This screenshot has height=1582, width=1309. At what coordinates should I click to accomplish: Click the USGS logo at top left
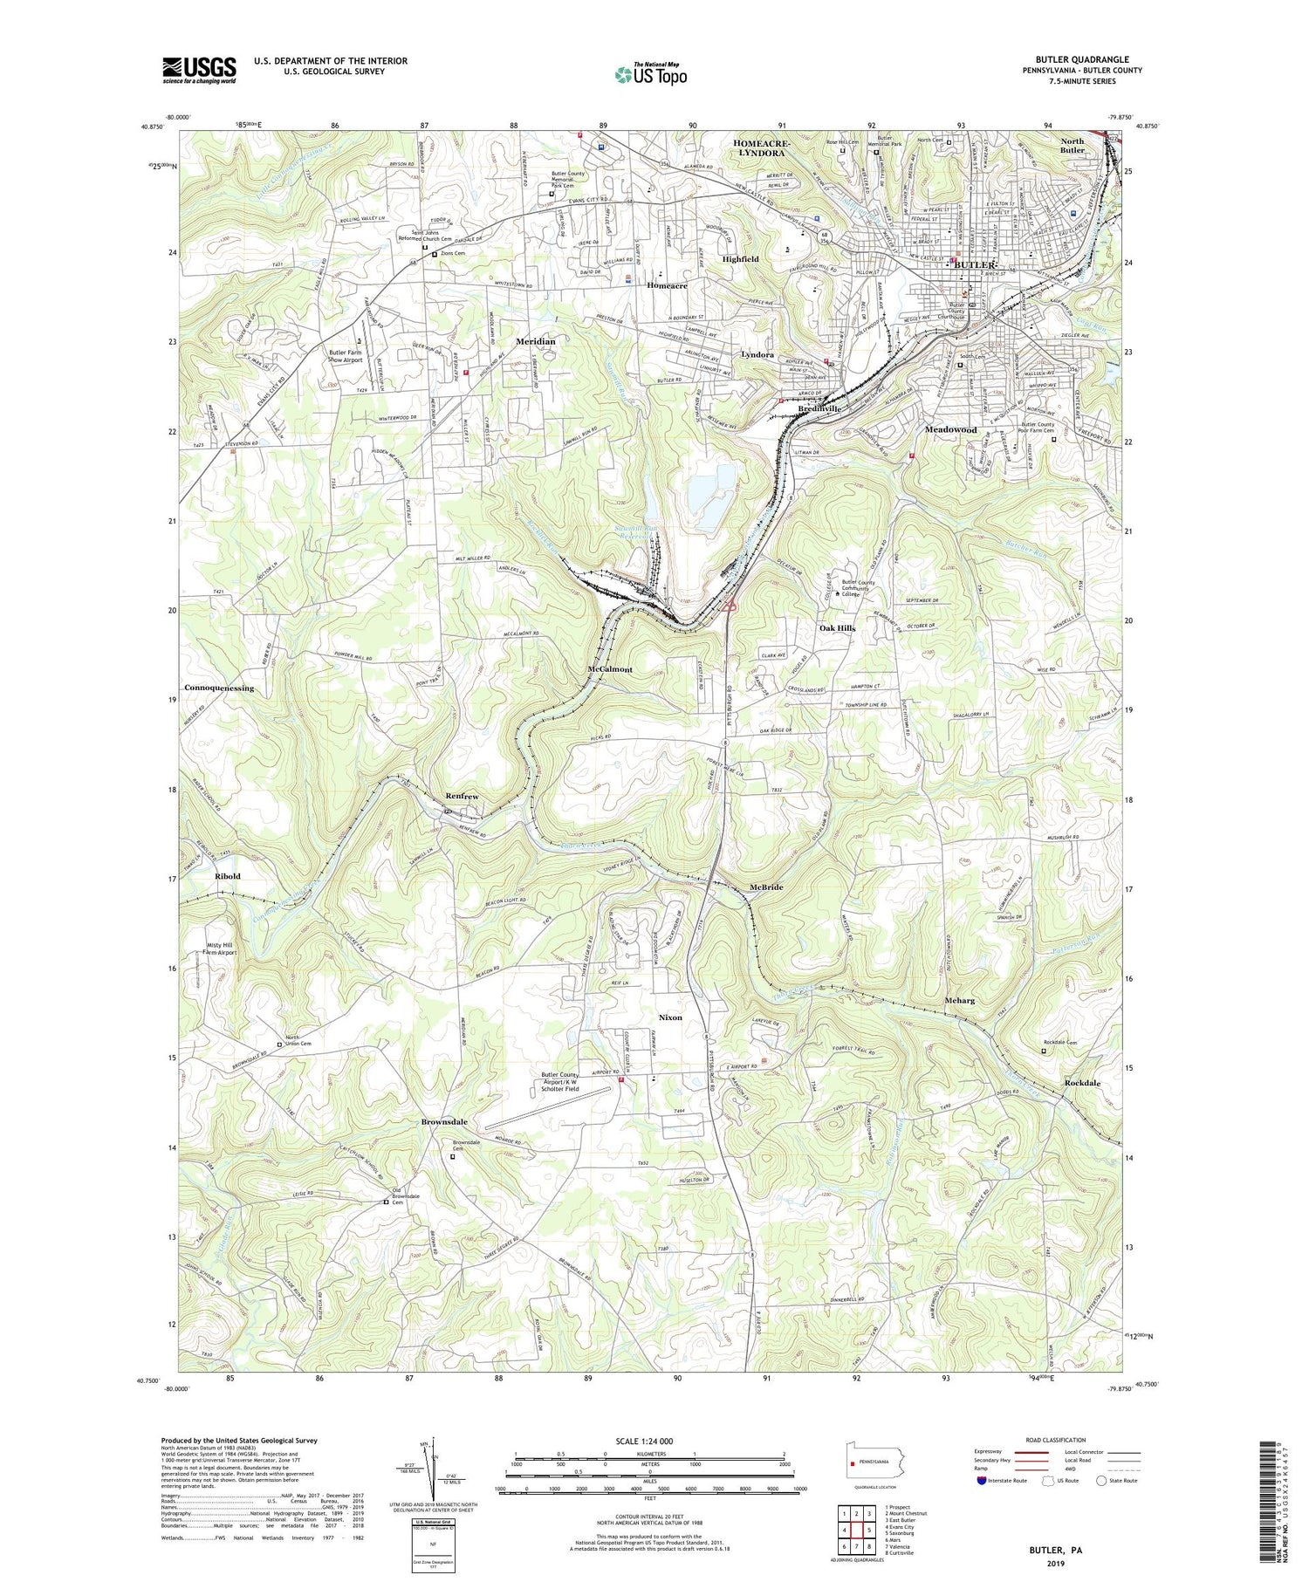(199, 70)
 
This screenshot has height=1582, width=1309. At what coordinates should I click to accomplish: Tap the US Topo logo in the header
(650, 74)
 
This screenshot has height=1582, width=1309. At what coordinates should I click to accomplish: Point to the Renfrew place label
(463, 797)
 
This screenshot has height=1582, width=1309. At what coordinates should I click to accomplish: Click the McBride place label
(766, 887)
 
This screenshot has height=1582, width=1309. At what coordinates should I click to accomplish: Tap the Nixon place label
(670, 1017)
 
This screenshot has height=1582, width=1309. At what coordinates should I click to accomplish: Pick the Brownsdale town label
(444, 1121)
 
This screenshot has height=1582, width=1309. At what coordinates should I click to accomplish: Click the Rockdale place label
(1082, 1083)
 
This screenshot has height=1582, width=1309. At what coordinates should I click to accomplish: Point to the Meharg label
(959, 1000)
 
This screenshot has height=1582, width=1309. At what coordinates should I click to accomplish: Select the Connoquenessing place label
(219, 688)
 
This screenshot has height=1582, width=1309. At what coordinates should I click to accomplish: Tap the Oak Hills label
(837, 628)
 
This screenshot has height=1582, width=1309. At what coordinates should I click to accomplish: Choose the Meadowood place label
(950, 429)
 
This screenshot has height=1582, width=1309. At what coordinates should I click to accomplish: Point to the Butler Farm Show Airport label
(345, 355)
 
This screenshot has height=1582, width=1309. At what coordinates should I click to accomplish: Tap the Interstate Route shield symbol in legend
(982, 1481)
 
